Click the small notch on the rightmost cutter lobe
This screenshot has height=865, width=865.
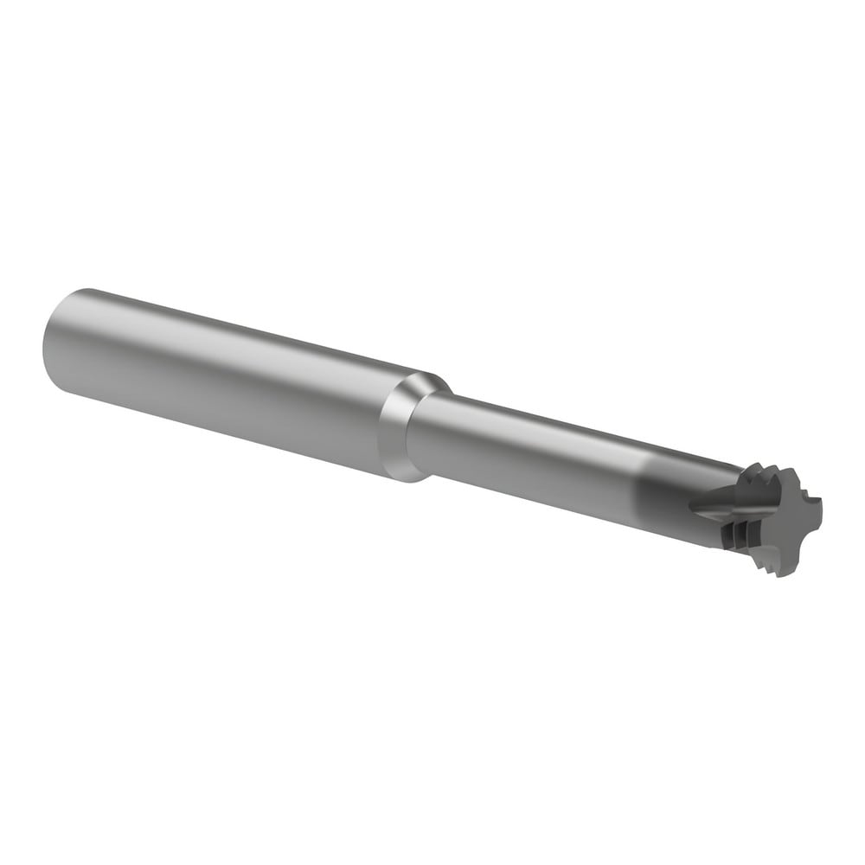[810, 498]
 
